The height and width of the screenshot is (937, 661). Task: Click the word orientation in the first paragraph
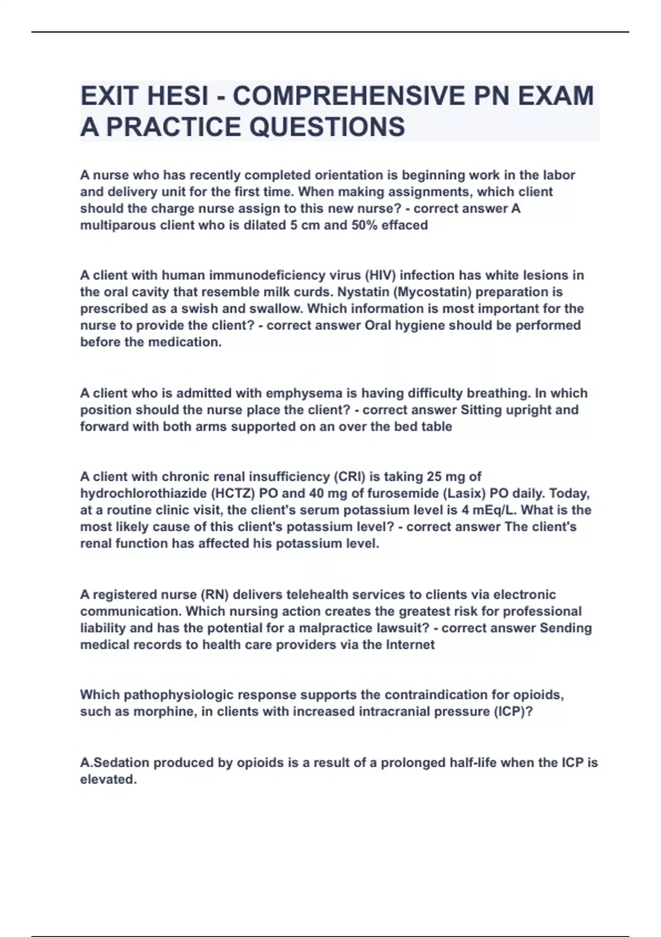click(348, 175)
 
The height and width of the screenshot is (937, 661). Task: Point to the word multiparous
click(114, 225)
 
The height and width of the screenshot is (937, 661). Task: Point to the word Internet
click(410, 644)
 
